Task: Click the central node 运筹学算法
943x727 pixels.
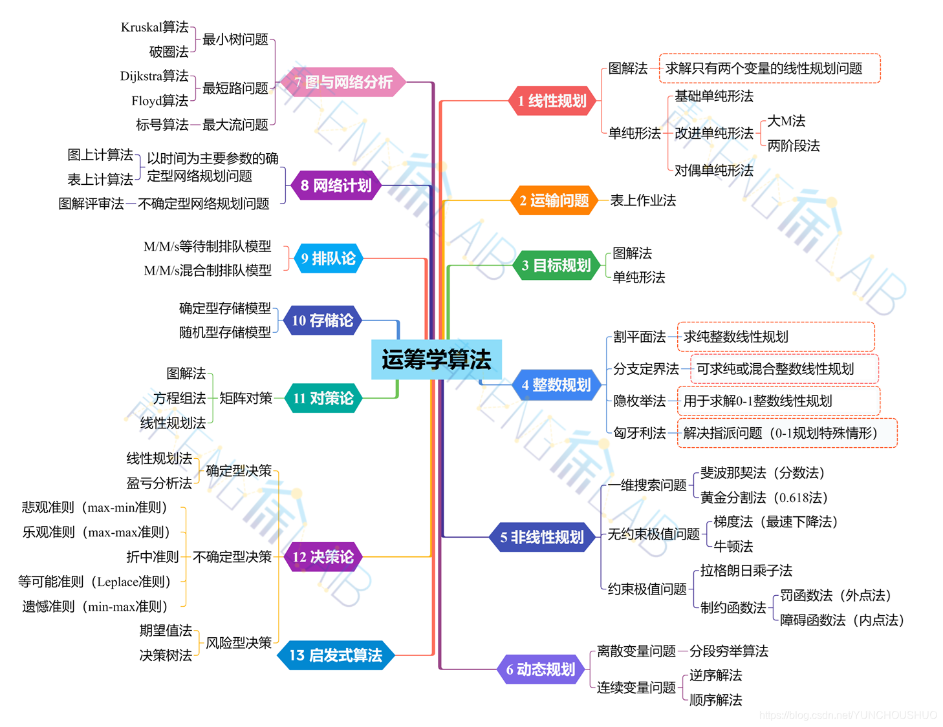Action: coord(437,359)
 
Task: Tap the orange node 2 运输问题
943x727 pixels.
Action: coord(554,200)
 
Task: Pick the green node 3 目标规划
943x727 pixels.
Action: coord(556,265)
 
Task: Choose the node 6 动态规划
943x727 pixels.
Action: coord(541,669)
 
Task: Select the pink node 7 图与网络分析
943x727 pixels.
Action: coord(343,82)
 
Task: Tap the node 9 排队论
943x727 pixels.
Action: coord(329,258)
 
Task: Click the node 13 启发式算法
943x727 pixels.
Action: coord(336,655)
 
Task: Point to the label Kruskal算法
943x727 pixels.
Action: coord(155,27)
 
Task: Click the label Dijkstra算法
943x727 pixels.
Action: coord(154,76)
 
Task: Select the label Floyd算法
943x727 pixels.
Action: coord(160,101)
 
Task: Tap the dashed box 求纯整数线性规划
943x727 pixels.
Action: coord(775,337)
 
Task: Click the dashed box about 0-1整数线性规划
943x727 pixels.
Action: coord(778,401)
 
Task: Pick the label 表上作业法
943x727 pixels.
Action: coord(643,200)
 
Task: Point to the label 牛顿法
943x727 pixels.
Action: coord(733,547)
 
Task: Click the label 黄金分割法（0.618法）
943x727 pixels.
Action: coord(764,498)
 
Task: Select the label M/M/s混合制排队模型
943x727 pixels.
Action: coord(207,271)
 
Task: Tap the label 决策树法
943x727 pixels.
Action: coord(166,655)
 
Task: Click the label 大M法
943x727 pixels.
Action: coord(786,121)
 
